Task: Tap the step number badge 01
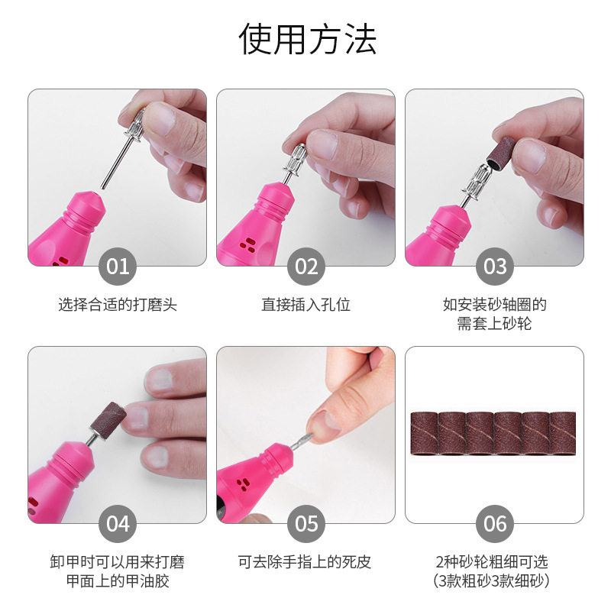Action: [118, 267]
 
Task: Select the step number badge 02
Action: [306, 267]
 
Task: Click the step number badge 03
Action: [495, 267]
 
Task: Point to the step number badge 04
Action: [118, 524]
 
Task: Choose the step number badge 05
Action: [306, 524]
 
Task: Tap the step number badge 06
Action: [495, 524]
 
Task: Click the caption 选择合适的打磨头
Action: [118, 305]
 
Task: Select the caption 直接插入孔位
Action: [306, 305]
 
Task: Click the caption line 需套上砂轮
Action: [495, 324]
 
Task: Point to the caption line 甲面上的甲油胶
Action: [118, 581]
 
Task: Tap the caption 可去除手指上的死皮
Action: [306, 563]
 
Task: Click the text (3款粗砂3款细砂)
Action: [495, 581]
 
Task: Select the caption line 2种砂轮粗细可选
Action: [495, 563]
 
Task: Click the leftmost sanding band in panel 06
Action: [423, 435]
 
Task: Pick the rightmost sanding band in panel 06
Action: [563, 435]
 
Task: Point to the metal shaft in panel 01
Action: [111, 163]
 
